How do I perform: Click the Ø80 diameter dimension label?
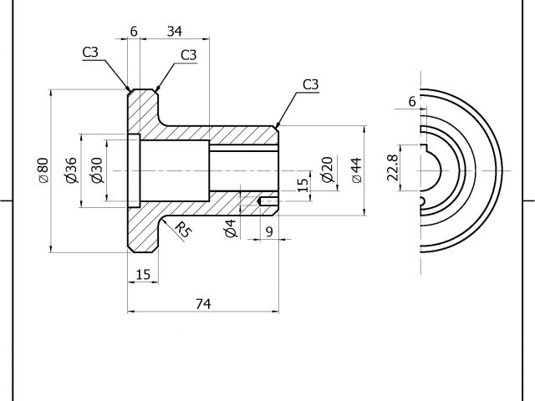[43, 171]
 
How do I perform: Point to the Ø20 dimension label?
[327, 170]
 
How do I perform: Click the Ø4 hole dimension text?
[231, 229]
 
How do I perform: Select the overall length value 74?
[202, 304]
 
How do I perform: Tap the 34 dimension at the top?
[175, 32]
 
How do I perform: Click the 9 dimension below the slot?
[268, 231]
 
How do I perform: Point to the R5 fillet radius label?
[181, 230]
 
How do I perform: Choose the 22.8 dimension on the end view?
[392, 170]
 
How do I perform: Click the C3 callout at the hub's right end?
[310, 84]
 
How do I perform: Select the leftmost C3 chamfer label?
[90, 53]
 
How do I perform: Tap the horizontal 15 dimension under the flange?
[142, 274]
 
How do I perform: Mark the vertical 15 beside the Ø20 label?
[303, 184]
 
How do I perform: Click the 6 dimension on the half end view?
[411, 101]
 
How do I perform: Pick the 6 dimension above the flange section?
[134, 32]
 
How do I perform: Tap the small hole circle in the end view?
[422, 201]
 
